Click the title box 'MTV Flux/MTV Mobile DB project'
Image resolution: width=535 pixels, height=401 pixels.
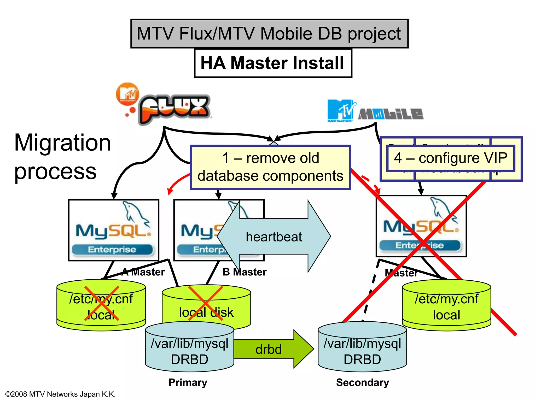pos(269,33)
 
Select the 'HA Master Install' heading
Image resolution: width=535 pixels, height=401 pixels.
pos(273,63)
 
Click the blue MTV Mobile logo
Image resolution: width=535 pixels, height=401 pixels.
pos(375,111)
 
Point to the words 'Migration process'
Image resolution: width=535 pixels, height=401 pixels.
pos(62,156)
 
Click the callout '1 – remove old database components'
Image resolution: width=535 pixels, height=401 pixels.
pos(270,167)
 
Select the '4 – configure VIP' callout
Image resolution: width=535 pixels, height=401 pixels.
pos(450,158)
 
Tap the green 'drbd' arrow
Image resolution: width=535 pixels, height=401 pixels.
pos(272,349)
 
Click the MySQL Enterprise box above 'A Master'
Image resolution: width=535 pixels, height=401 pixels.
pos(113,230)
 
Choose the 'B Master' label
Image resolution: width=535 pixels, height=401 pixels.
pos(245,272)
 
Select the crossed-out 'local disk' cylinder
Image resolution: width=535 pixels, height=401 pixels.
pos(206,305)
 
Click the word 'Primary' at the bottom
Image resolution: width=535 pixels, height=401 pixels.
pos(188,382)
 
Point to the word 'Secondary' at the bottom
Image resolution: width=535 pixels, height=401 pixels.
pos(362,382)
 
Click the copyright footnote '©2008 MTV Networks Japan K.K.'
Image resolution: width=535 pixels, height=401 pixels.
pos(60,394)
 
